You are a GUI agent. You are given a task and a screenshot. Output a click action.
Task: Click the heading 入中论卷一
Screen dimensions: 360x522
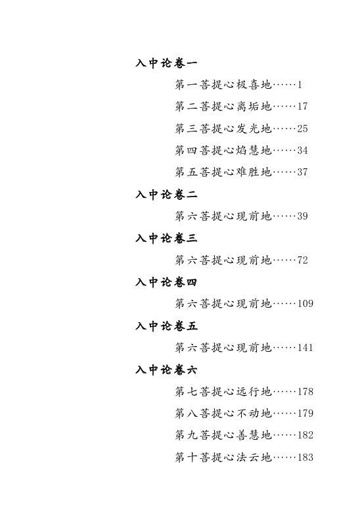(166, 63)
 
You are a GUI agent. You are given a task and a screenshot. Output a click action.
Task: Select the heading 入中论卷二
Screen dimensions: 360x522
(166, 195)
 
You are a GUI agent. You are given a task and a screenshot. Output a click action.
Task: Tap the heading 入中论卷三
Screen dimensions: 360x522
(166, 239)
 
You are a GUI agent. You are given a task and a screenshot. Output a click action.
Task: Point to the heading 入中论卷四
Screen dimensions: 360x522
(166, 282)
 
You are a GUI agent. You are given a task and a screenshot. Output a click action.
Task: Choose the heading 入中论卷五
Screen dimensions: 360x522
(166, 326)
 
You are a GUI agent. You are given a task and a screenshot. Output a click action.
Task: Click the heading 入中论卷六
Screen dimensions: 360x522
(166, 370)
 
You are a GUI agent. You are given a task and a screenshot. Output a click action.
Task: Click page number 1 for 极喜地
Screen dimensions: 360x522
(300, 85)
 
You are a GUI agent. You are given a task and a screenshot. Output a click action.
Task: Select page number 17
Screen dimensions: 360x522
(302, 107)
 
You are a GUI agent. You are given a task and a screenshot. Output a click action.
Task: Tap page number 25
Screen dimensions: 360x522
(302, 128)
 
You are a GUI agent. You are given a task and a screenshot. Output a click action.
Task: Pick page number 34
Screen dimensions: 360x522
(302, 151)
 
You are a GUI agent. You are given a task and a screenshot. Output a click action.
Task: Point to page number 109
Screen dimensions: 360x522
(305, 304)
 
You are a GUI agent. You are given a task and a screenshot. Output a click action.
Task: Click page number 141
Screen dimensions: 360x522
(305, 348)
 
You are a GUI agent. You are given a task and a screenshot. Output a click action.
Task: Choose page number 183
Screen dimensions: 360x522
(305, 458)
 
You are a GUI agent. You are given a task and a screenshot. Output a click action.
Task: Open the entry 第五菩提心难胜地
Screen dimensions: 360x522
(223, 172)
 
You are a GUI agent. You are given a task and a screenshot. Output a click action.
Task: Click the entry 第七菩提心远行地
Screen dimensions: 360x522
(223, 392)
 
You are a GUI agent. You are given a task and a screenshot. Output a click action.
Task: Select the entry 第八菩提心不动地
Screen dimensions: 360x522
(223, 414)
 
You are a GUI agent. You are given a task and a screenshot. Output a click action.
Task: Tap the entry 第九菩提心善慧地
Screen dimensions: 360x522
(223, 435)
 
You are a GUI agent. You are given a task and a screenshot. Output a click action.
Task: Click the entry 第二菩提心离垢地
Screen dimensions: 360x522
(223, 107)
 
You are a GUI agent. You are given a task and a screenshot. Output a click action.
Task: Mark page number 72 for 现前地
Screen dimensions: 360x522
(302, 260)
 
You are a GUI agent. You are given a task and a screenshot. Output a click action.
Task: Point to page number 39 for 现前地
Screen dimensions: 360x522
(302, 216)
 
